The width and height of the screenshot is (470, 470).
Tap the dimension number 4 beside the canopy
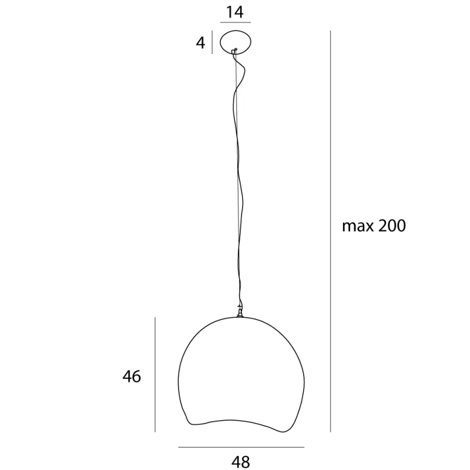tap(201, 43)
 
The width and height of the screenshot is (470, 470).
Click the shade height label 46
tap(132, 376)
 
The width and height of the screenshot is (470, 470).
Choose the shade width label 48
tap(241, 462)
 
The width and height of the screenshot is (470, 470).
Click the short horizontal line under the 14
tap(235, 22)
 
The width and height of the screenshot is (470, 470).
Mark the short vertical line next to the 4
tap(211, 42)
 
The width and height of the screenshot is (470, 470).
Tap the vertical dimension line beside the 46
tap(155, 376)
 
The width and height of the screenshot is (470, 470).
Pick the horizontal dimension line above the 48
tap(241, 448)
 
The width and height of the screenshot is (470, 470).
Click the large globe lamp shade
tap(241, 370)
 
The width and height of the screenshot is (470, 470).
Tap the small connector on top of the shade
tap(240, 312)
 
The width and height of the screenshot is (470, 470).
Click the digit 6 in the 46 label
tap(136, 376)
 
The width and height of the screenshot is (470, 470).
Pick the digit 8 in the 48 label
tap(246, 462)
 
